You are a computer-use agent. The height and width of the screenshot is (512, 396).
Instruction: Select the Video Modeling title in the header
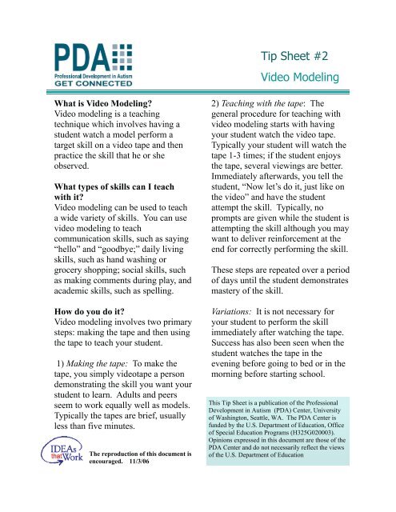[x=299, y=78]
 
